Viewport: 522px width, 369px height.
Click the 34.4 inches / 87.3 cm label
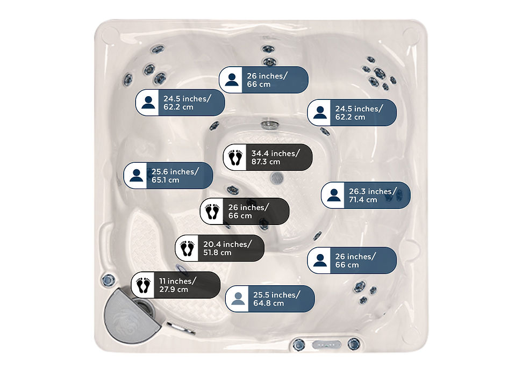(x=268, y=157)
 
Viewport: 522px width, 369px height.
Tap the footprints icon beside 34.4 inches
(x=235, y=157)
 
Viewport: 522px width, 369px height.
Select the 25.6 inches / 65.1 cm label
(x=168, y=175)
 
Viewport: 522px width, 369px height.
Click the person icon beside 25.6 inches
(x=136, y=175)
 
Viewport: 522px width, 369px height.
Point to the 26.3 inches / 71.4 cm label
(x=366, y=196)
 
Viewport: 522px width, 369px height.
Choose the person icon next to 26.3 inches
(x=333, y=196)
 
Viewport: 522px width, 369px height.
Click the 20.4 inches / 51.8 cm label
(x=220, y=248)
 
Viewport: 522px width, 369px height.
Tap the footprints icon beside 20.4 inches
(x=187, y=248)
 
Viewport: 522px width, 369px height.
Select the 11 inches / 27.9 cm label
(x=176, y=285)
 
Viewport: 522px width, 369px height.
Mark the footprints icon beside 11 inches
(x=143, y=285)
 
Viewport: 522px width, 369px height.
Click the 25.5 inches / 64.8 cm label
(x=270, y=299)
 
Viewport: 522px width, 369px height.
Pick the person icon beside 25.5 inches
(x=238, y=299)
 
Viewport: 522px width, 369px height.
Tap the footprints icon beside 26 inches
(x=212, y=212)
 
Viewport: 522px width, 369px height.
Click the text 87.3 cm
(x=266, y=162)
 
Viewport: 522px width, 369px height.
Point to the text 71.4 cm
(x=363, y=200)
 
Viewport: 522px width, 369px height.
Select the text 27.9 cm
(x=174, y=290)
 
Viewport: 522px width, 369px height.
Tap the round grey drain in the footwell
(x=277, y=178)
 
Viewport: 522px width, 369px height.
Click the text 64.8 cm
(x=268, y=303)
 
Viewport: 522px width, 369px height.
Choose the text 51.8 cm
(x=217, y=253)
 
